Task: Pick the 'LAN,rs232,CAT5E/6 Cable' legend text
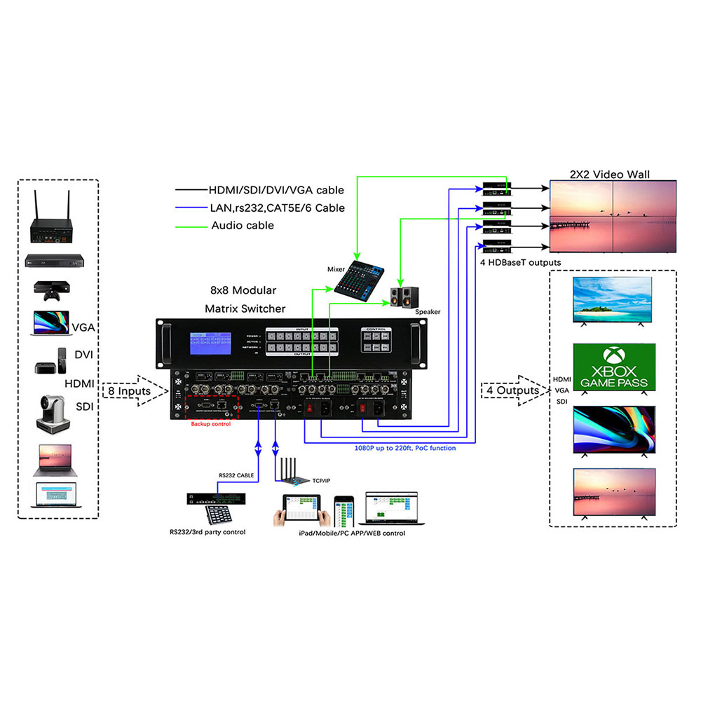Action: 277,207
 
